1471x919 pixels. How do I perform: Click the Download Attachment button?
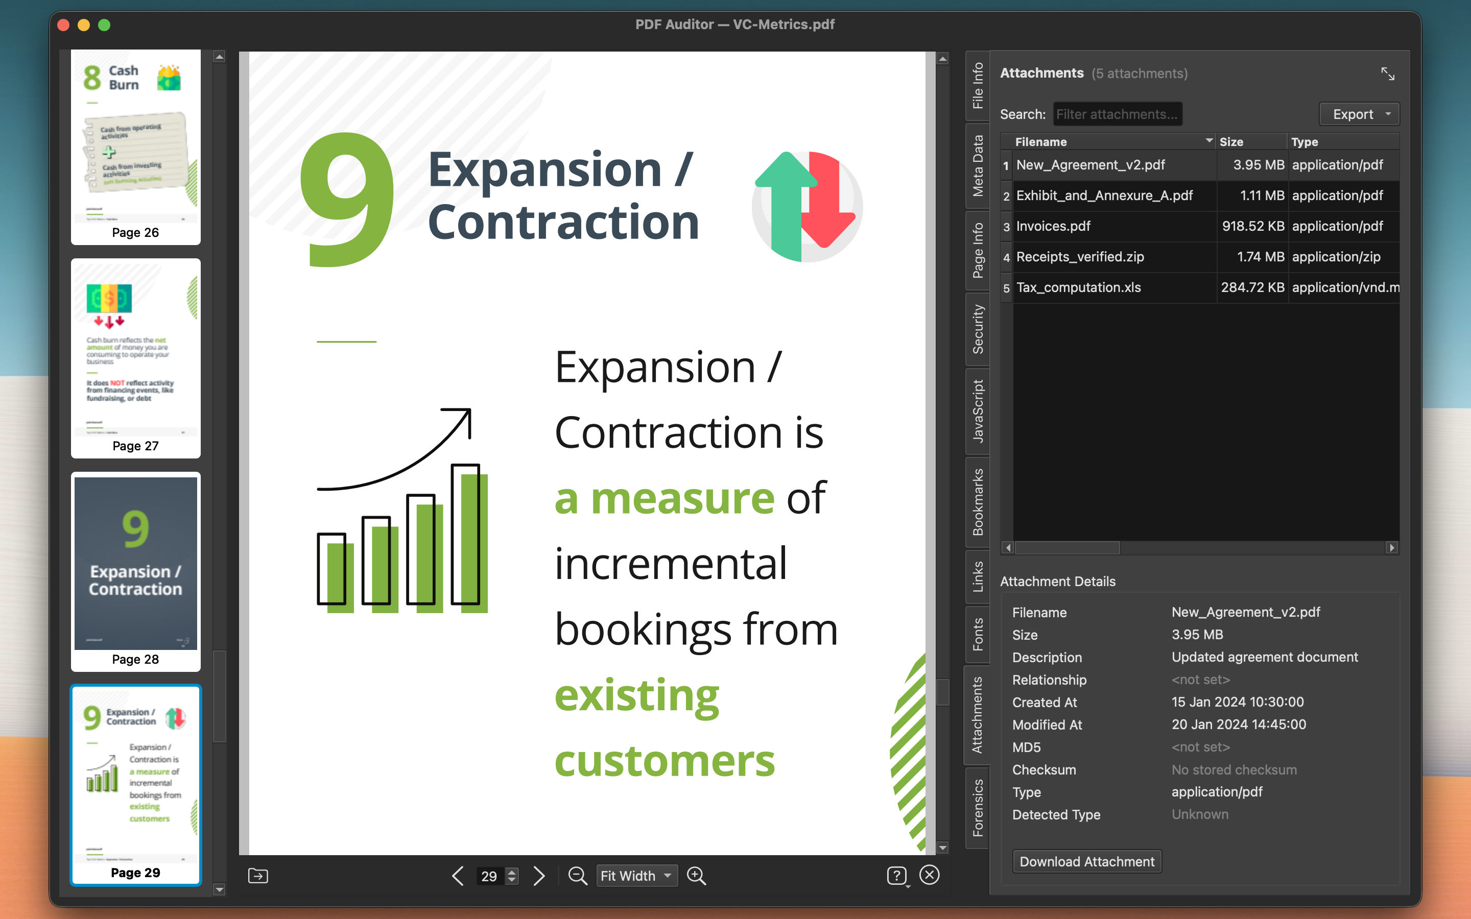click(1087, 861)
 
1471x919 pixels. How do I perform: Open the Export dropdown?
click(1359, 114)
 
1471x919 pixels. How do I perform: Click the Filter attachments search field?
click(1117, 114)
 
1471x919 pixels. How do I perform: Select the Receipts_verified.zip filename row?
click(1080, 257)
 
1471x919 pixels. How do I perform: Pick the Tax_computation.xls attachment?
click(1078, 287)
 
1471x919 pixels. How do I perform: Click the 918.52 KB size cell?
click(1252, 226)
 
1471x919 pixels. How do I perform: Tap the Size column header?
click(1231, 141)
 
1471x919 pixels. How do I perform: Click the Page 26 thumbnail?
click(135, 146)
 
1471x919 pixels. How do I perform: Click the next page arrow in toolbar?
click(538, 876)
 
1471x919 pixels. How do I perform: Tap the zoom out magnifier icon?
click(577, 876)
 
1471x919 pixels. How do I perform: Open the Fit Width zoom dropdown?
click(636, 876)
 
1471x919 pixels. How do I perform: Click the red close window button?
click(63, 25)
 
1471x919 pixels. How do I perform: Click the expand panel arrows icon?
click(1388, 74)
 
